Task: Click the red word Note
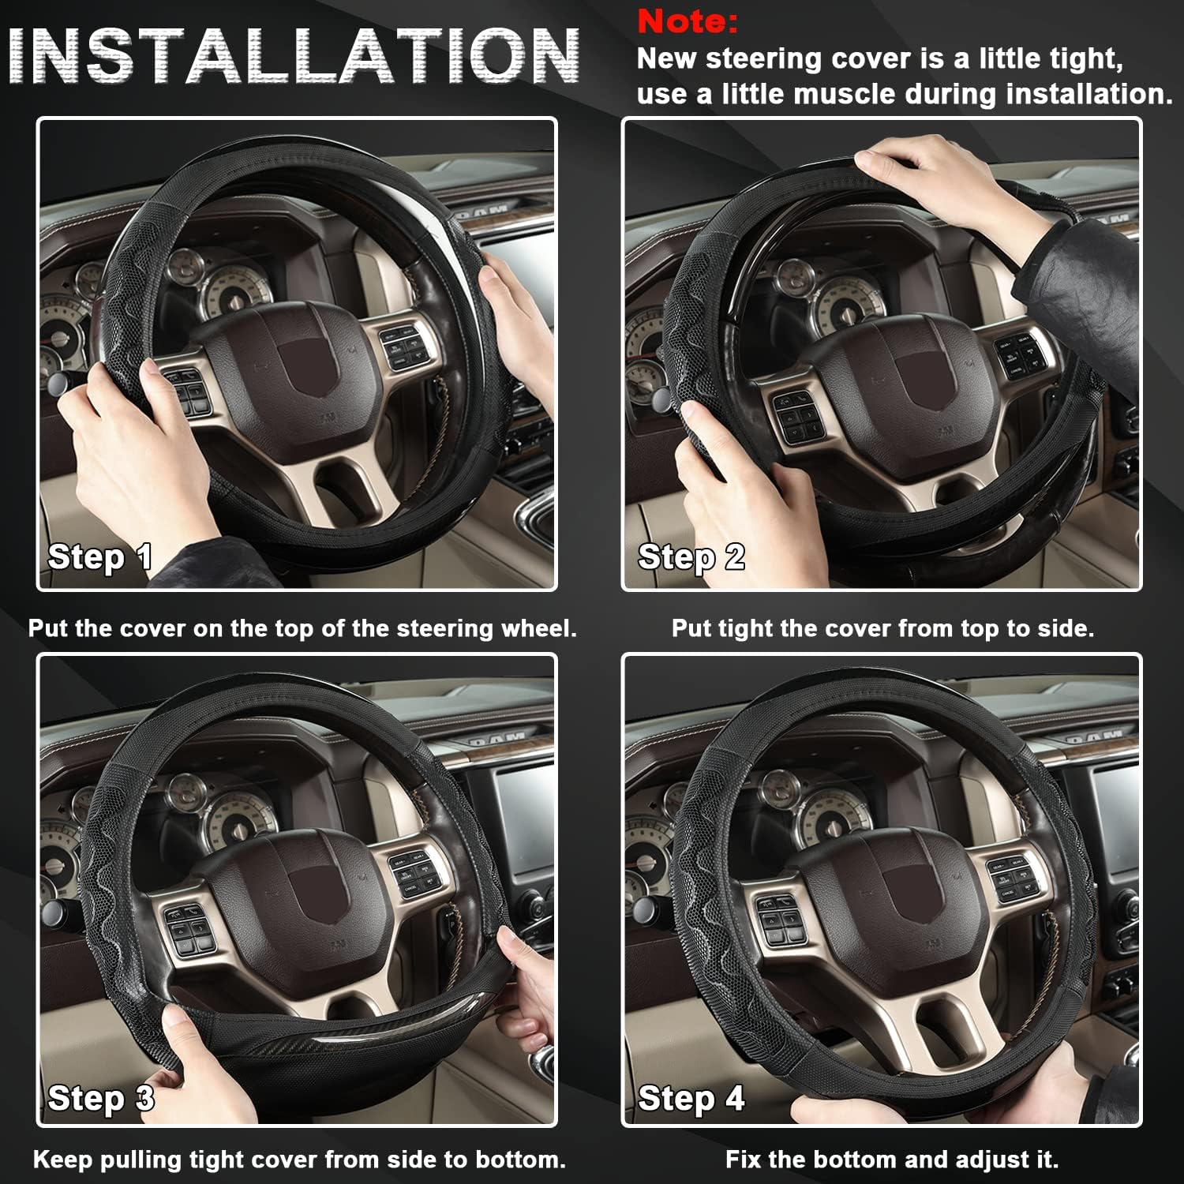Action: click(687, 21)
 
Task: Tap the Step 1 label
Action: click(99, 557)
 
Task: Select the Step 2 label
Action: click(691, 557)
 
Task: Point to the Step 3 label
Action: click(100, 1099)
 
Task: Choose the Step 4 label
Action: click(691, 1099)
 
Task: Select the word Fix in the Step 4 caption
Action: click(744, 1160)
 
